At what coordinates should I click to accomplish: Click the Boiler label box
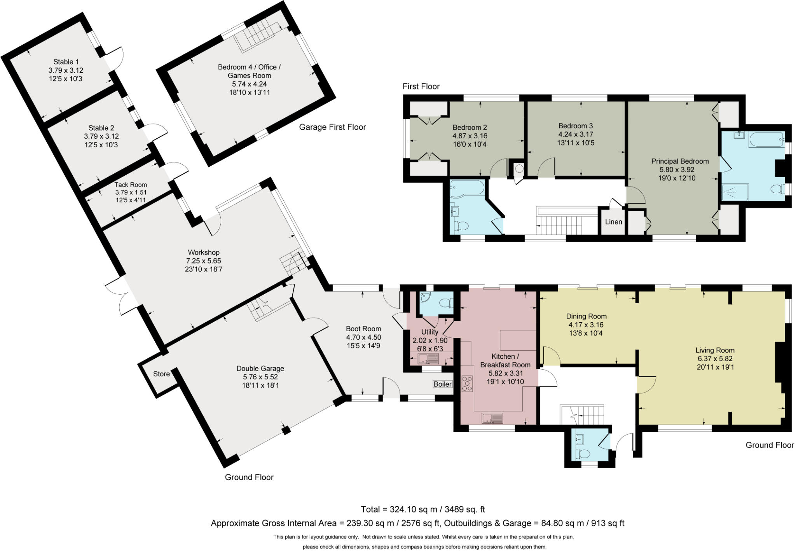442,384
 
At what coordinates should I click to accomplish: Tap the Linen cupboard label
613,222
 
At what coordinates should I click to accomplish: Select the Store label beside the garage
161,374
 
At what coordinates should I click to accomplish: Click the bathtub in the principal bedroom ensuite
766,139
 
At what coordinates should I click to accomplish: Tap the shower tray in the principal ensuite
735,192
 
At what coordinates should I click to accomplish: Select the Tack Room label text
131,185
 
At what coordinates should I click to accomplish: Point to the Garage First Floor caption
332,127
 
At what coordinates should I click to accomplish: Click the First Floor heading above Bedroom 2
421,86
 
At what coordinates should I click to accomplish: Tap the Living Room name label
715,350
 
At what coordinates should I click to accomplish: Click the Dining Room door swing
551,356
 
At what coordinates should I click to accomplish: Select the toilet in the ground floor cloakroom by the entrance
584,453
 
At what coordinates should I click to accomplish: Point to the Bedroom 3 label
575,126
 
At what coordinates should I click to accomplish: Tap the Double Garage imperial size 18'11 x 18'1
260,385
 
